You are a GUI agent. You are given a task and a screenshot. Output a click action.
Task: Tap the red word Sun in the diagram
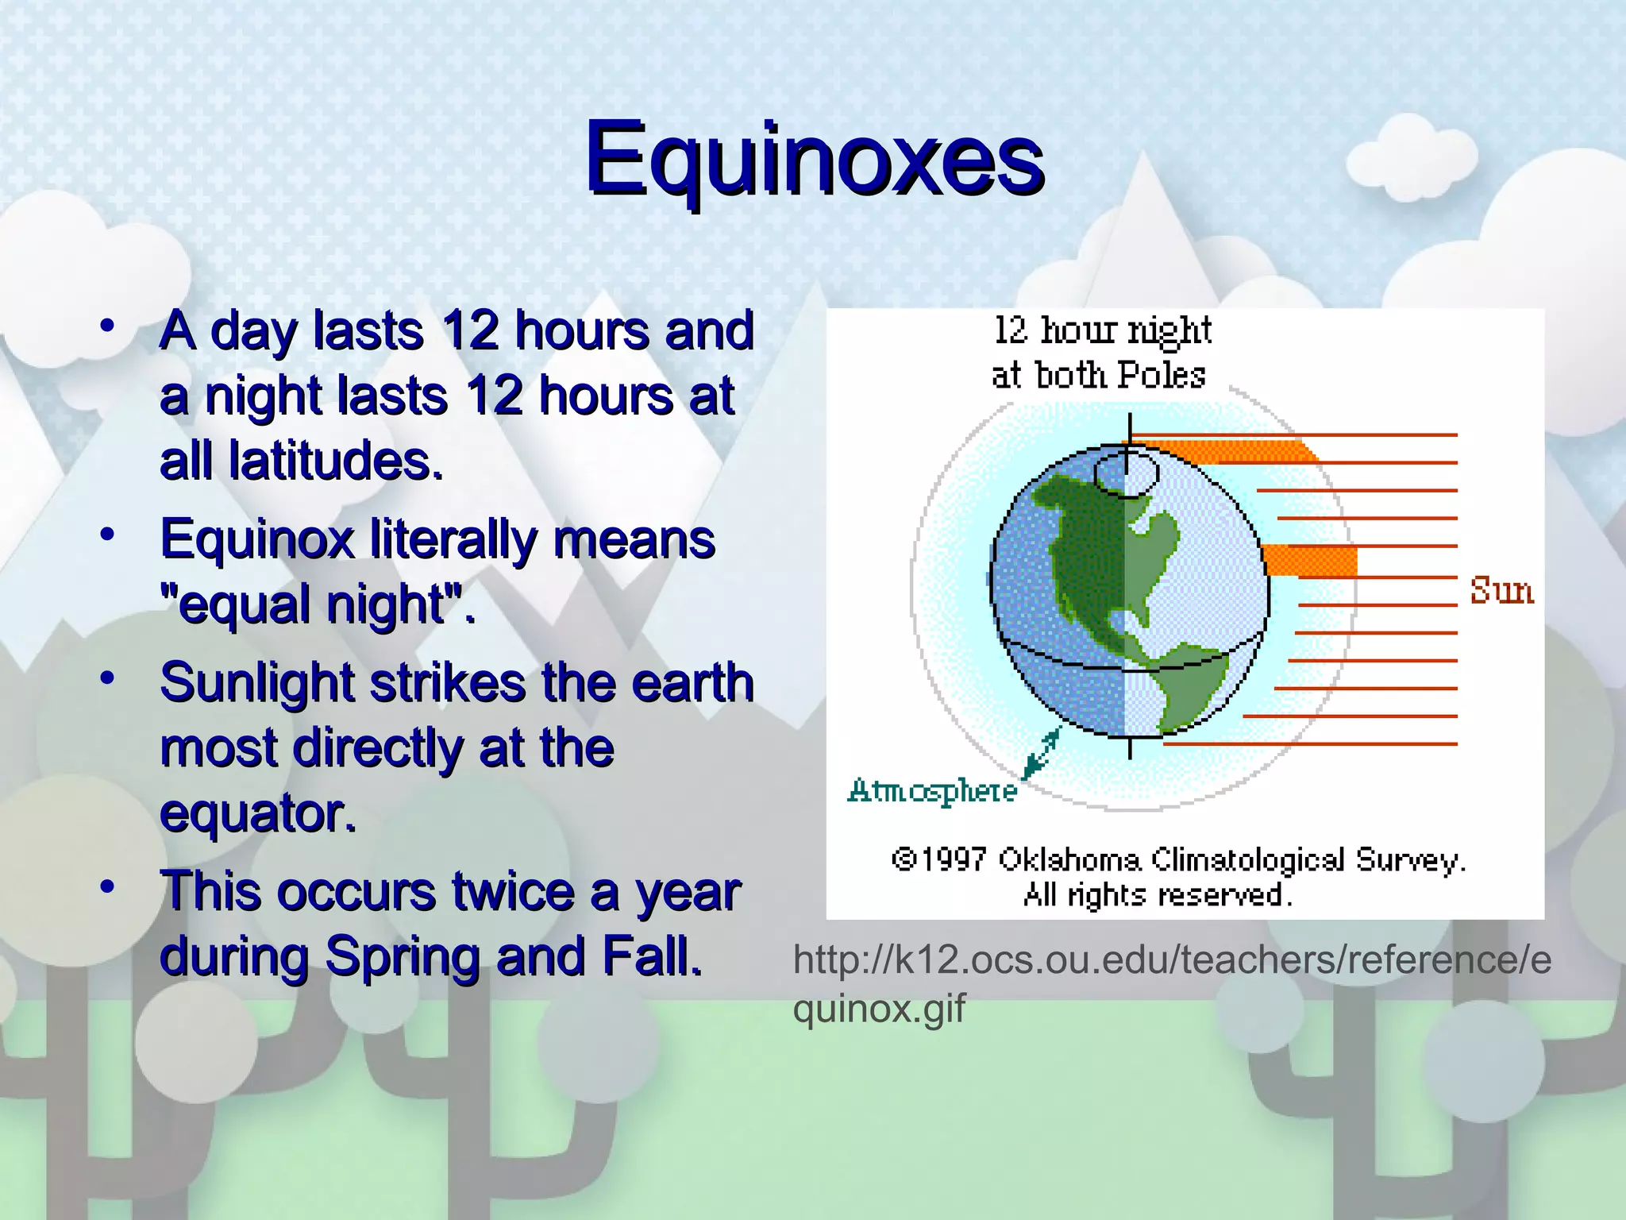point(1501,591)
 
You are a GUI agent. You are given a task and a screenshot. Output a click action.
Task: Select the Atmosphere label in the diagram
point(932,791)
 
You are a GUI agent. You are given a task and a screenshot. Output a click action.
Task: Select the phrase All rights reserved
point(1158,895)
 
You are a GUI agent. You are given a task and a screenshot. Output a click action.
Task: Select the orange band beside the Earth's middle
point(1310,561)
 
